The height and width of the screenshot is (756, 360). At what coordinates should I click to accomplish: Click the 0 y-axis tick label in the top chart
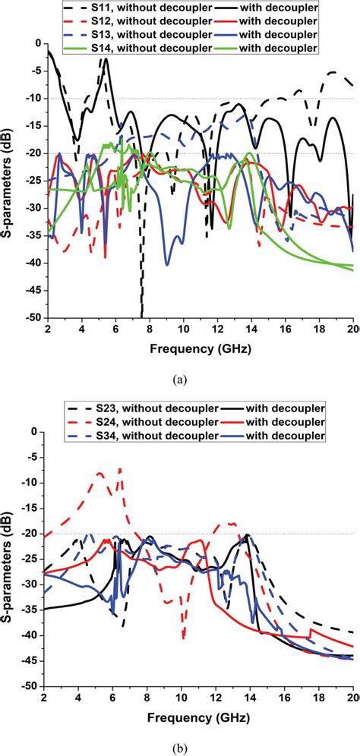pyautogui.click(x=38, y=44)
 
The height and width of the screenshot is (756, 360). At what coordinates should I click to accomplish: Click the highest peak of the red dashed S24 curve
pyautogui.click(x=120, y=469)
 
